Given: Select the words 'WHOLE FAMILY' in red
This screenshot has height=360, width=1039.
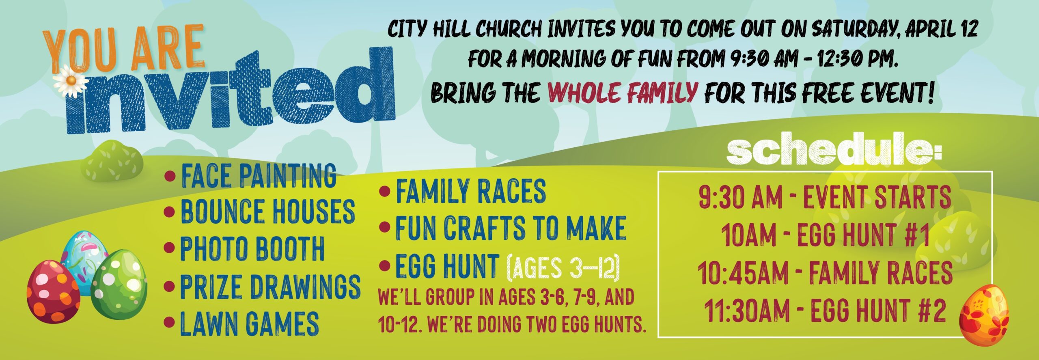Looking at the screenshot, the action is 622,93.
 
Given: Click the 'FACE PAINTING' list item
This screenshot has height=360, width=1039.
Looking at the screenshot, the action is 258,175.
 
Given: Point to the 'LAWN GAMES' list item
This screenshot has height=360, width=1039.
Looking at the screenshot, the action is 249,323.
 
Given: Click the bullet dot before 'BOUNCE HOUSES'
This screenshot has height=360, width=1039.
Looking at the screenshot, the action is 169,211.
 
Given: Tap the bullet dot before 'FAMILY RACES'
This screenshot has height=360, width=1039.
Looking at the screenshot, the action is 384,191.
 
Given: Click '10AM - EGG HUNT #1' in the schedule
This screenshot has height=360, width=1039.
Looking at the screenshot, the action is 825,235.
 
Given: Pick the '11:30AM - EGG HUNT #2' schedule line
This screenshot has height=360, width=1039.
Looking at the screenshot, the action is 825,311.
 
